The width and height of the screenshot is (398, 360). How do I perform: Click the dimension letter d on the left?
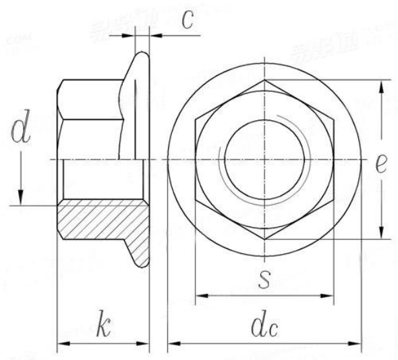[x=21, y=131]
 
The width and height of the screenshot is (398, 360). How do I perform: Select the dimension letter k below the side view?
[x=103, y=326]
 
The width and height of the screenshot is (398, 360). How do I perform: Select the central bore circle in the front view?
[x=265, y=159]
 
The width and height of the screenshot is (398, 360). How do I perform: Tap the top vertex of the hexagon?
[x=265, y=80]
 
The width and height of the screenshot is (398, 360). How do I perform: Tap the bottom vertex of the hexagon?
[x=265, y=239]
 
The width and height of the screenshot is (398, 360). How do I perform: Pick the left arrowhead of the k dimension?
[x=61, y=344]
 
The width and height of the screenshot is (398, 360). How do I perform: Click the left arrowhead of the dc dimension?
[x=172, y=344]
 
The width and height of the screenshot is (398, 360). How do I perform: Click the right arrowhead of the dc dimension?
[x=358, y=344]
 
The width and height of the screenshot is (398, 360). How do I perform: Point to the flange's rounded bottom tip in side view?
[x=141, y=263]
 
